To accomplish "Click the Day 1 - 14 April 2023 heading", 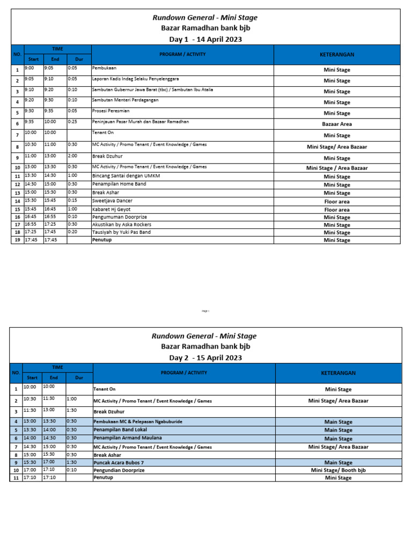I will click(205, 39).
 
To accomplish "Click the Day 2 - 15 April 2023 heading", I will click(205, 358).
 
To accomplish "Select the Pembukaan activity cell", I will click(105, 69).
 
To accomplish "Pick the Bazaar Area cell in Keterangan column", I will click(337, 124).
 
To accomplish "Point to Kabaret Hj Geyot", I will click(112, 209).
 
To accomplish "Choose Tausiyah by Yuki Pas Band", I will click(121, 232).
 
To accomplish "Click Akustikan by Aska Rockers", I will click(122, 225).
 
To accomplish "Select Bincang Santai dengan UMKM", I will click(126, 176).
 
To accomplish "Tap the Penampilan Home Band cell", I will click(119, 184).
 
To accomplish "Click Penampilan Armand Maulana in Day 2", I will click(128, 438).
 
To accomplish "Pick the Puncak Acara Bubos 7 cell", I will click(119, 462).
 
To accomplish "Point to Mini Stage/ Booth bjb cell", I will click(338, 470).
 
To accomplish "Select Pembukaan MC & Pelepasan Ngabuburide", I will click(138, 422).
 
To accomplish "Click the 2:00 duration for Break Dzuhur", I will click(72, 155).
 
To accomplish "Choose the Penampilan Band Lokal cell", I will click(120, 430).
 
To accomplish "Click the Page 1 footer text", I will click(205, 311).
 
